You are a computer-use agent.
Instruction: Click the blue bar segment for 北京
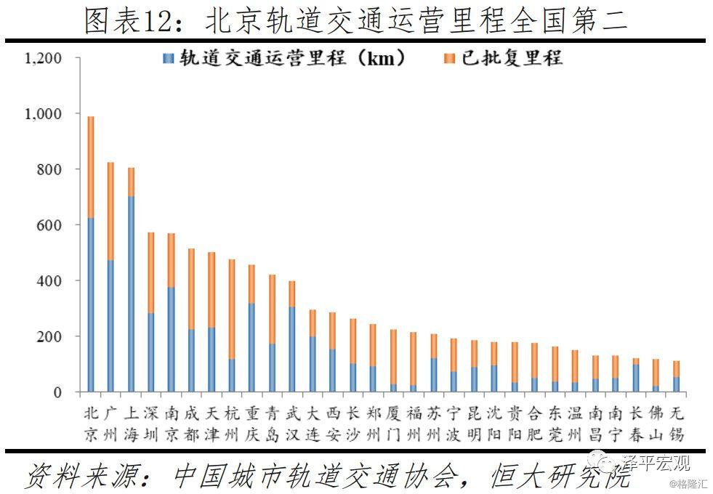(91, 305)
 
